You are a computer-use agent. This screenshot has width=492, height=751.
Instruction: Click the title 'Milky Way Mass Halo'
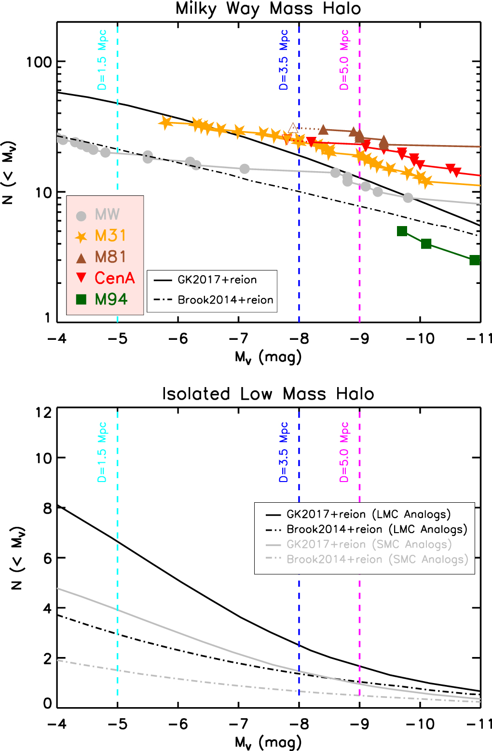(x=268, y=9)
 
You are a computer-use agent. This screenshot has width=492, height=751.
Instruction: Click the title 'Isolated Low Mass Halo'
(x=268, y=394)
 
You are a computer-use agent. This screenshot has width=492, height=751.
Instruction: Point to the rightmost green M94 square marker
(x=475, y=260)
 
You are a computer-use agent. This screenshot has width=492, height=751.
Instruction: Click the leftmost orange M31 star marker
(x=165, y=122)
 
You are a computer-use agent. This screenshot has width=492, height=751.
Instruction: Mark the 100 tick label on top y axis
(x=39, y=62)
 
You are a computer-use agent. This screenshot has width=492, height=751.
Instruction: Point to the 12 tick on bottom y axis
(x=43, y=412)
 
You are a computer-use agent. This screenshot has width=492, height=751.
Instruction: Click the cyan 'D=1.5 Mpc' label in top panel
(x=102, y=60)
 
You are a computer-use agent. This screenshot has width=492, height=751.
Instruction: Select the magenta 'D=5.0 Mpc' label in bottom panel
(x=344, y=452)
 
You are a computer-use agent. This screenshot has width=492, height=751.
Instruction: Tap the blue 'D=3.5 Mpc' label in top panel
(x=284, y=60)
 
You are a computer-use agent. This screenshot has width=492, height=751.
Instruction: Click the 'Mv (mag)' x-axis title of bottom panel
(x=268, y=742)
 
